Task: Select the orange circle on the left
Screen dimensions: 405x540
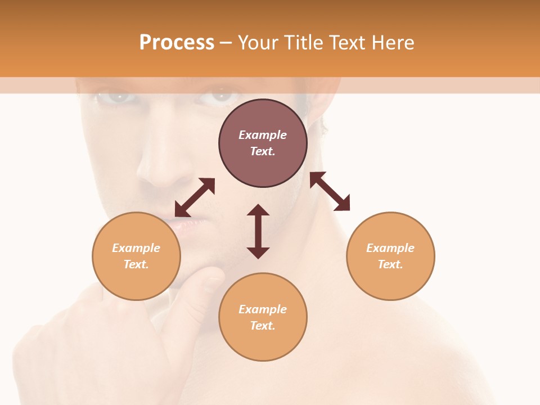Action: (x=136, y=256)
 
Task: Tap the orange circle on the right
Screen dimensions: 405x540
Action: (x=390, y=256)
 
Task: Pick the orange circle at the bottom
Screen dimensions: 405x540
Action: (x=263, y=317)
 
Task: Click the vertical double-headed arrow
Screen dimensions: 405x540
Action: (x=258, y=231)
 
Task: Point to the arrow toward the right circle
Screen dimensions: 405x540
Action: (x=330, y=191)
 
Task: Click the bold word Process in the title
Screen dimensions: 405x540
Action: (x=177, y=42)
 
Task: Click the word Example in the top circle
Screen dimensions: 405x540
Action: (x=263, y=135)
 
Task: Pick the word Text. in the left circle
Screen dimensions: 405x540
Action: (x=136, y=264)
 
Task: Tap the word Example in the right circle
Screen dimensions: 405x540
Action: (x=390, y=248)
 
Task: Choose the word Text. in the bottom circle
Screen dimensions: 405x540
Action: (x=263, y=326)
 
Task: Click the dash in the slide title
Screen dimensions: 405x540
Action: (x=226, y=43)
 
